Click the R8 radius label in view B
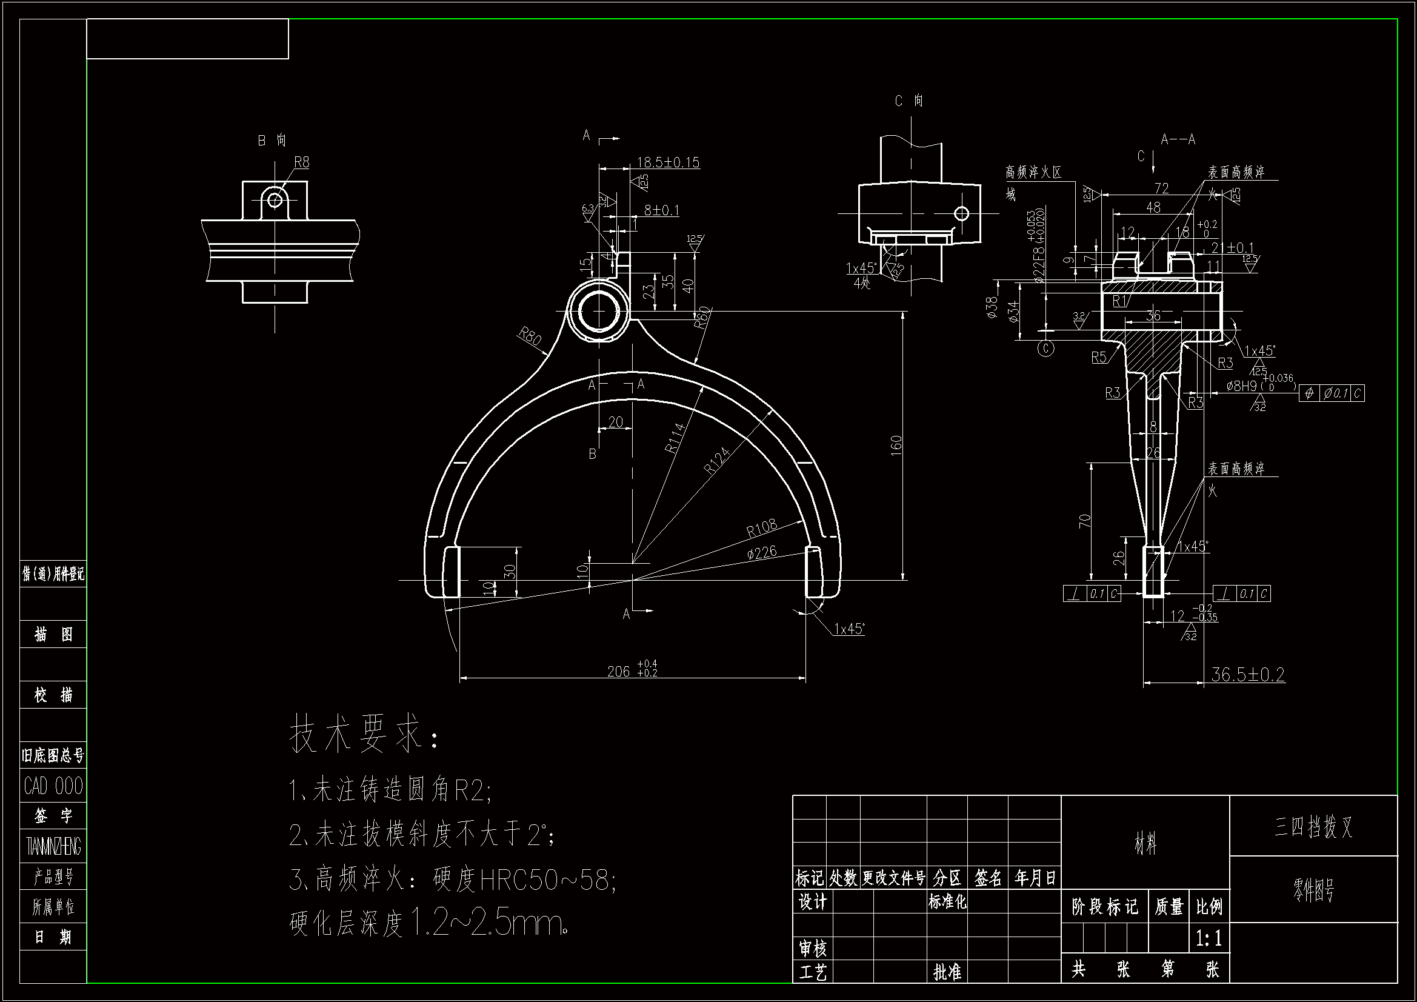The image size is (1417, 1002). point(301,162)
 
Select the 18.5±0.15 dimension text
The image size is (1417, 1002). point(668,162)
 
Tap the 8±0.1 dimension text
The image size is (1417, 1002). point(661,210)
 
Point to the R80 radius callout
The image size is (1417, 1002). point(530,336)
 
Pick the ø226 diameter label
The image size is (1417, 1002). point(762,552)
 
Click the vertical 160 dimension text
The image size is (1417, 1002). point(896,446)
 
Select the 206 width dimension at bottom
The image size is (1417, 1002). point(619,671)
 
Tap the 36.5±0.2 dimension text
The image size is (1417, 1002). point(1247,674)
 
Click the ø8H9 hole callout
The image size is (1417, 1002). point(1242,387)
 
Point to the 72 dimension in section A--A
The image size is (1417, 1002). point(1161,188)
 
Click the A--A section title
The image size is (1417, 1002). point(1178,139)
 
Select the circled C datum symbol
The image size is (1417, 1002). point(1045,349)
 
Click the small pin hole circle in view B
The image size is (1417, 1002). point(275,200)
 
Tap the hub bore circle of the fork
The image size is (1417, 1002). point(598,310)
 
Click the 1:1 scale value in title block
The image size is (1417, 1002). point(1208,938)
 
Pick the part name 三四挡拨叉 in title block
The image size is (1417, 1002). point(1313,826)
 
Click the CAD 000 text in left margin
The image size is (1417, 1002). point(53,786)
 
